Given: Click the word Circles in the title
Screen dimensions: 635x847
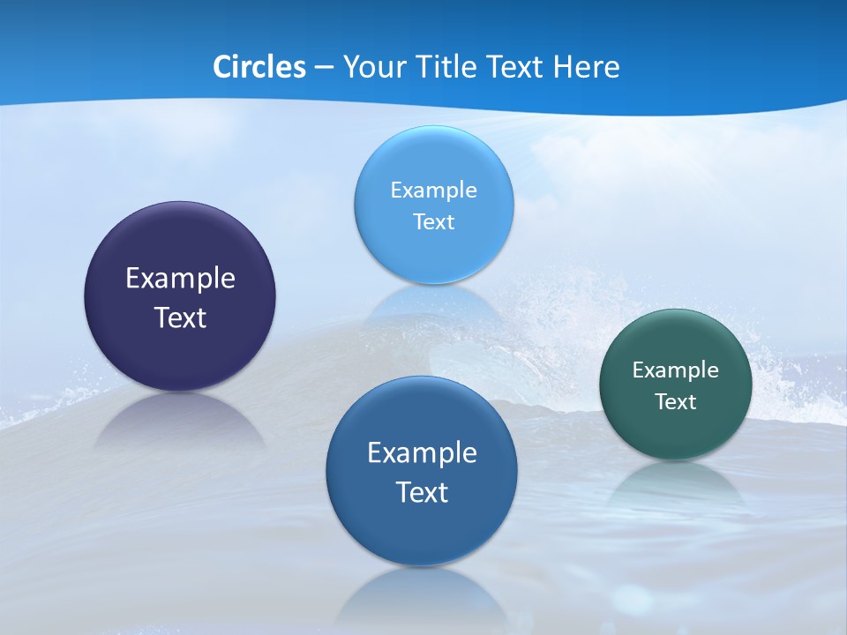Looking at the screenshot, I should click(x=259, y=67).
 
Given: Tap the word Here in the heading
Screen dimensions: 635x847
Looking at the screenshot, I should click(x=586, y=67).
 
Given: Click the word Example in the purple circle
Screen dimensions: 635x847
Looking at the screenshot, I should click(x=180, y=279).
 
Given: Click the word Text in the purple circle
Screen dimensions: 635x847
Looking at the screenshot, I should click(x=180, y=317).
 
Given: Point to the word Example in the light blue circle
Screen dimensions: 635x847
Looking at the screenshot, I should click(x=433, y=190).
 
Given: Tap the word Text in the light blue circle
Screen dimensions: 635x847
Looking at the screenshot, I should click(x=433, y=222).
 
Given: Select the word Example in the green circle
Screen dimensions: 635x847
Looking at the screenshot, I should click(x=676, y=370).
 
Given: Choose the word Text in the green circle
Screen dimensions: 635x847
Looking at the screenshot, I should click(x=676, y=402).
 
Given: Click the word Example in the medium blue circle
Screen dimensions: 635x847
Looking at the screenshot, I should click(x=422, y=453).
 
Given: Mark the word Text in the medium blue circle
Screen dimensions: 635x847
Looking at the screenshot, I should click(x=422, y=492).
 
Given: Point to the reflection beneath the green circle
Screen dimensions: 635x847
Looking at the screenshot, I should click(x=676, y=483).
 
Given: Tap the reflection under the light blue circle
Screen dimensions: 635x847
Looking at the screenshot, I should click(x=433, y=304).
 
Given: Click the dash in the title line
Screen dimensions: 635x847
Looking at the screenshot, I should click(x=324, y=68).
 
